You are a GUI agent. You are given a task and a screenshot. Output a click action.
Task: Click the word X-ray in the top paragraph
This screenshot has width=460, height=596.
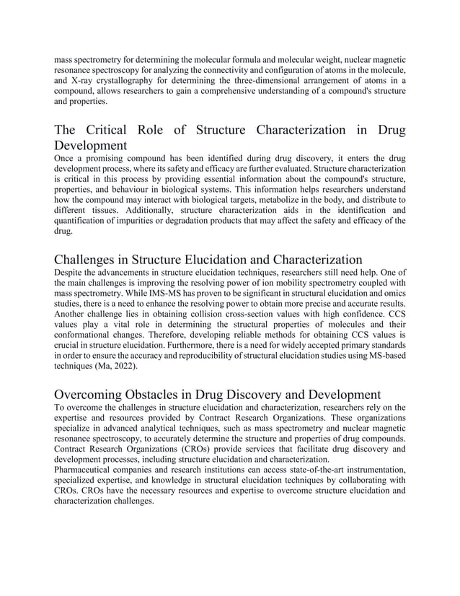(83, 80)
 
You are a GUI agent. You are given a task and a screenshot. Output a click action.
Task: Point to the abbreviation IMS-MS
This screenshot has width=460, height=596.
(160, 295)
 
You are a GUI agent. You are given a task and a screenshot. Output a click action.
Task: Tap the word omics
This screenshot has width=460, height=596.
(392, 295)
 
